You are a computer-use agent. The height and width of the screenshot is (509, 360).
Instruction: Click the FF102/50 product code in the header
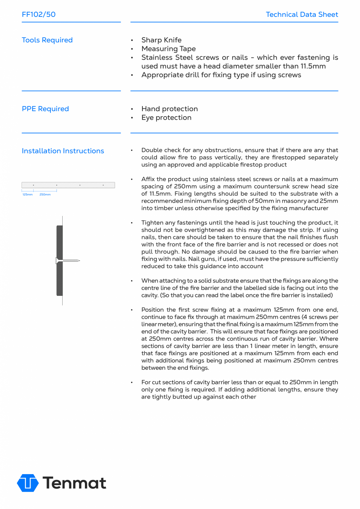click(39, 14)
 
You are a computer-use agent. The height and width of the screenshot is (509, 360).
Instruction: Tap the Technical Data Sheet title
click(302, 14)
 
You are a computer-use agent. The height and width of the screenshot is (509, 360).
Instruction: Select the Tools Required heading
click(47, 40)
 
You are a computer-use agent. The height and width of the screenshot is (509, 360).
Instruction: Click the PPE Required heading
click(45, 109)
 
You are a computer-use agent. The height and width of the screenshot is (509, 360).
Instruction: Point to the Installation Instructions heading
click(63, 151)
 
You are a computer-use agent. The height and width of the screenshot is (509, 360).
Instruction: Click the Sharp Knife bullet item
click(161, 40)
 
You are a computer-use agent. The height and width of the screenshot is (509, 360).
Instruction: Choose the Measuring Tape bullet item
click(168, 49)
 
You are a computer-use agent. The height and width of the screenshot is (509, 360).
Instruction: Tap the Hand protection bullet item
click(169, 109)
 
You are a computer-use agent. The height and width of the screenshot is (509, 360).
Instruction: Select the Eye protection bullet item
click(166, 118)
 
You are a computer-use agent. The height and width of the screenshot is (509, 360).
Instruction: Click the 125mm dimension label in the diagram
click(27, 194)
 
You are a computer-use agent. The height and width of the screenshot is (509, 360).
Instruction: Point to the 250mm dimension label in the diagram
click(45, 194)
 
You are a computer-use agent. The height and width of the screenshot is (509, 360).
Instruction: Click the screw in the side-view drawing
click(68, 260)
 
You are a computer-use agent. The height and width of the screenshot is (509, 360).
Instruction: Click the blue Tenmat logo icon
click(28, 483)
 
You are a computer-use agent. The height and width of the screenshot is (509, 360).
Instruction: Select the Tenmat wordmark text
click(74, 483)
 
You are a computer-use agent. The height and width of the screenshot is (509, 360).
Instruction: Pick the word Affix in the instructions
click(148, 179)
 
